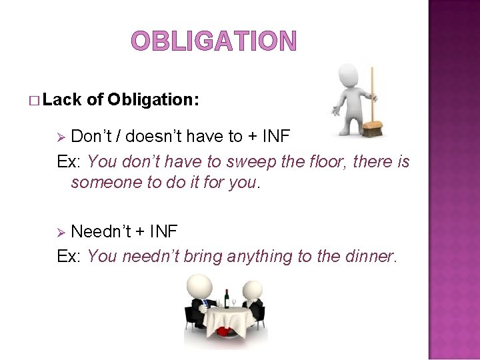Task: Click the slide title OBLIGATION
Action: [213, 41]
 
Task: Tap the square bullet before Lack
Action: [35, 101]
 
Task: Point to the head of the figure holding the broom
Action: [349, 75]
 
